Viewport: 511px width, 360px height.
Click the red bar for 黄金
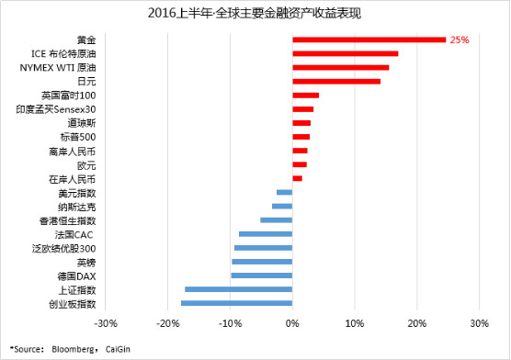tap(369, 39)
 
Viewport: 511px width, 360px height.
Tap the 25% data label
tap(460, 40)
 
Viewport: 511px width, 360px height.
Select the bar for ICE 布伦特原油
tap(346, 54)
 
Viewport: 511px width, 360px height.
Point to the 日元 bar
tap(336, 82)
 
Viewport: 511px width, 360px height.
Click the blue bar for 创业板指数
tap(236, 303)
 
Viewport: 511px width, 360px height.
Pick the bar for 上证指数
tap(239, 289)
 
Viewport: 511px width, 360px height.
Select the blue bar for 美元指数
tap(285, 192)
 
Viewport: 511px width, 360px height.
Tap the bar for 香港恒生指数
tap(277, 219)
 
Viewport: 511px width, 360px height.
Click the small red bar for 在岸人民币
tap(297, 178)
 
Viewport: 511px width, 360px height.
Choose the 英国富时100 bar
tap(306, 96)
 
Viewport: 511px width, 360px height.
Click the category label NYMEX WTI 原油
tap(58, 68)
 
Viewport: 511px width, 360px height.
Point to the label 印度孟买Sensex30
tap(56, 109)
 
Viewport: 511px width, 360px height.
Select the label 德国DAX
tap(76, 276)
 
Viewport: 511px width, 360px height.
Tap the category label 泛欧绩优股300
tap(64, 249)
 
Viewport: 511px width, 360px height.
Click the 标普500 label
tap(78, 137)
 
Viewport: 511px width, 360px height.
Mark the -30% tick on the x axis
tap(106, 323)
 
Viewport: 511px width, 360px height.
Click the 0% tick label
tap(292, 323)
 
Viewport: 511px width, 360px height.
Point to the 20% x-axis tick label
tap(417, 323)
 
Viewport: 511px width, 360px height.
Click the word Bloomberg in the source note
tap(73, 349)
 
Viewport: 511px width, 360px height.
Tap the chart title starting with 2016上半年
tap(255, 14)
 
